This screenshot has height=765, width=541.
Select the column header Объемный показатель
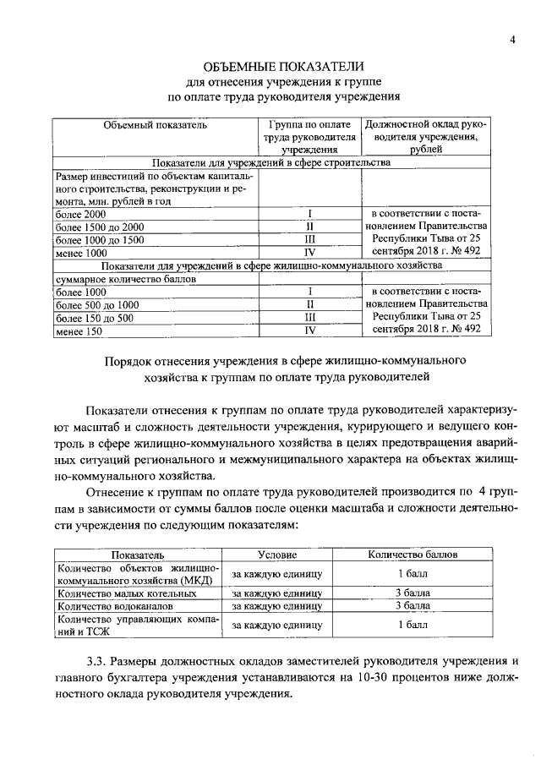155,125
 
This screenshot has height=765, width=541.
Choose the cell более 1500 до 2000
100,227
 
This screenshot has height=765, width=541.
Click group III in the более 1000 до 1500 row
310,240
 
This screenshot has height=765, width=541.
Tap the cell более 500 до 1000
96,304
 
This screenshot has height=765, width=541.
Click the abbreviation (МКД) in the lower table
203,581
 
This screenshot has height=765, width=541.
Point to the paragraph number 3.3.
100,662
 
